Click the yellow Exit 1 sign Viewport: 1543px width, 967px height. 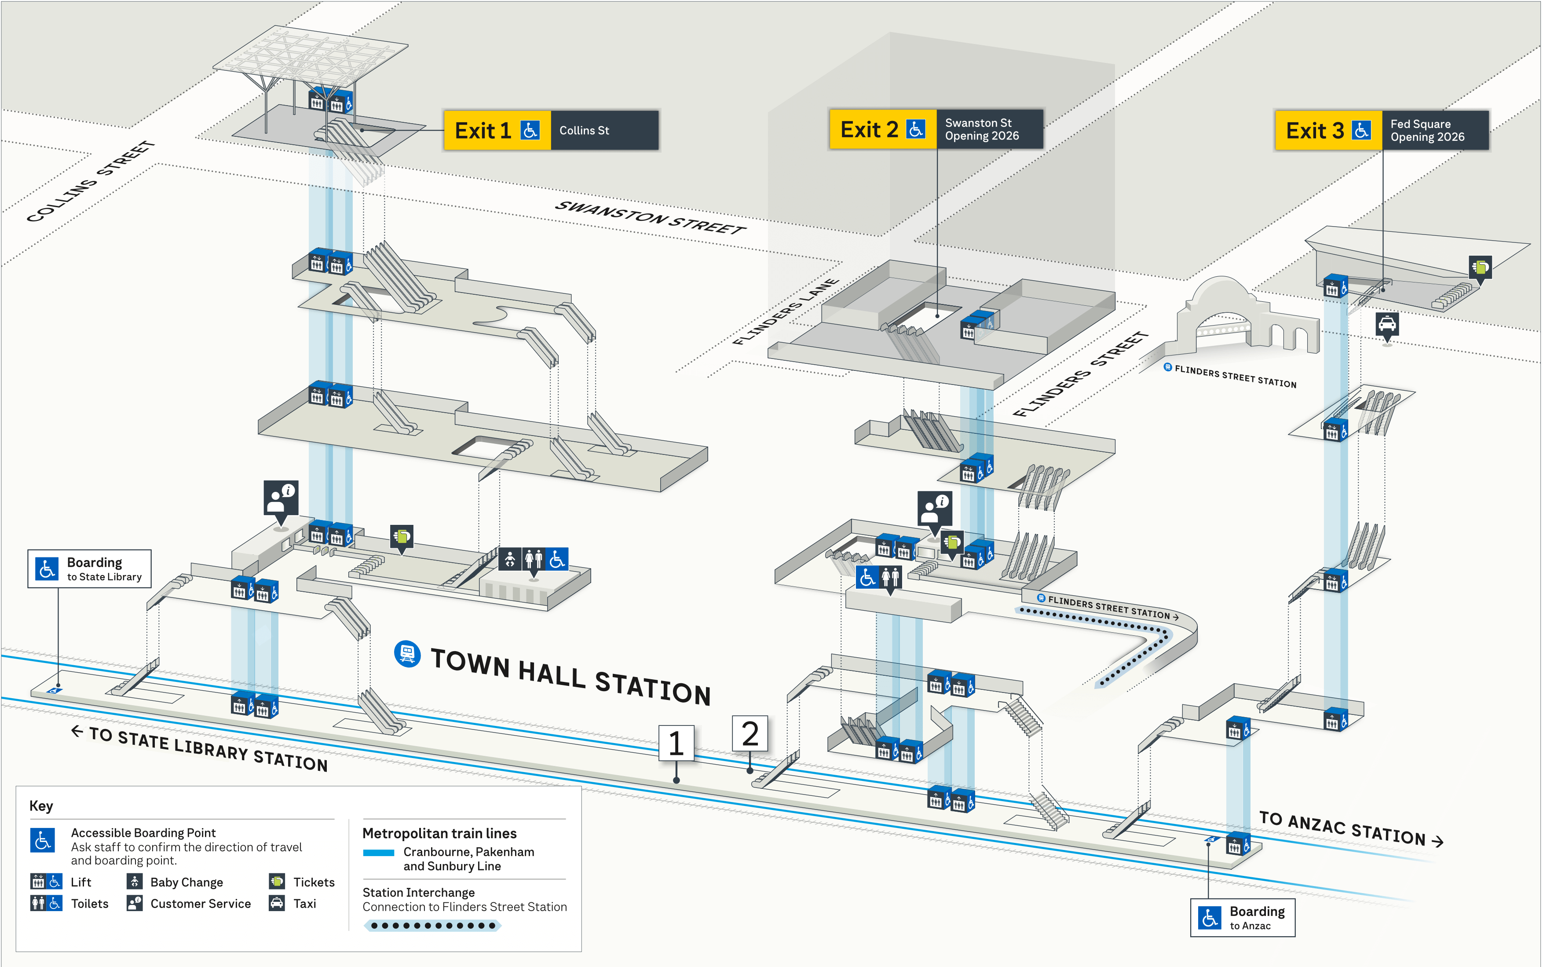[497, 131]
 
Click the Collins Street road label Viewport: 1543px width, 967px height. [90, 182]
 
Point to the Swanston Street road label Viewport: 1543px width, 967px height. [650, 217]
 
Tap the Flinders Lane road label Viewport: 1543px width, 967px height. [785, 312]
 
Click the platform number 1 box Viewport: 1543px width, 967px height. [676, 743]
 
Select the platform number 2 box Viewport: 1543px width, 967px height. [750, 733]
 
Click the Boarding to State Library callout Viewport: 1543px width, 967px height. [90, 568]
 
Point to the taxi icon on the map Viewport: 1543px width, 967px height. [1387, 324]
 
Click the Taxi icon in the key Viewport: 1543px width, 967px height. [277, 903]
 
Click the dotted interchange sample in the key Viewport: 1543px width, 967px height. [432, 926]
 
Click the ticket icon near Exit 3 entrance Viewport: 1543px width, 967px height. [1481, 266]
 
